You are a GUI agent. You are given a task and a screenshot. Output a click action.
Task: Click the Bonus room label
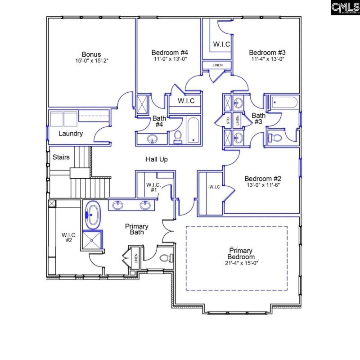pos(91,54)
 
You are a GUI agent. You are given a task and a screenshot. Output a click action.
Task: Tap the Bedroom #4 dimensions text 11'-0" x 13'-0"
pos(169,58)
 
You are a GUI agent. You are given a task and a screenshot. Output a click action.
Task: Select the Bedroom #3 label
pos(266,52)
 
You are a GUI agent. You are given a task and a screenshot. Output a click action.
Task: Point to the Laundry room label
pos(71,134)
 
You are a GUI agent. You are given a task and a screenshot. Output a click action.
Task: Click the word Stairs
pos(61,157)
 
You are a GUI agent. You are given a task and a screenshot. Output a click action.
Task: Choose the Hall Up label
pos(157,159)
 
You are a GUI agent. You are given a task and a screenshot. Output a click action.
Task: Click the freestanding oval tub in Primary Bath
pos(93,214)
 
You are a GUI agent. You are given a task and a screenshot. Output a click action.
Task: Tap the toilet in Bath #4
pos(177,136)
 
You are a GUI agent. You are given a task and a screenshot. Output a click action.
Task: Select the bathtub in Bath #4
pos(193,130)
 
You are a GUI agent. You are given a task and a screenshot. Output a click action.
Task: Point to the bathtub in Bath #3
pos(282,103)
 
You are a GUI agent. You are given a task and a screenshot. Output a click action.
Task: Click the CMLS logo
pos(345,8)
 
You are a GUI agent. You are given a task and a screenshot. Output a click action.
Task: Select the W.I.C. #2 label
pos(69,237)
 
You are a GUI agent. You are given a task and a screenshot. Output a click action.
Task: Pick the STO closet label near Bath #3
pos(228,120)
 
